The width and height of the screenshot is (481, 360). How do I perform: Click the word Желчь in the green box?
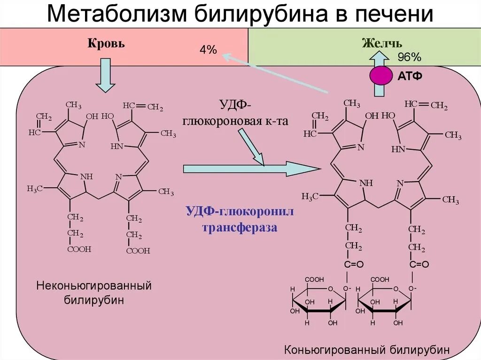[x=381, y=43]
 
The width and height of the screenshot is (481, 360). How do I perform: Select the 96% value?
[x=409, y=57]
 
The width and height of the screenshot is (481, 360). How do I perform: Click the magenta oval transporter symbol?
[x=381, y=76]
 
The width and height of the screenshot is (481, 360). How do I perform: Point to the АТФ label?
[x=410, y=76]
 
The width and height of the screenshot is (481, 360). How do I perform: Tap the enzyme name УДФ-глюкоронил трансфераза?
[x=240, y=219]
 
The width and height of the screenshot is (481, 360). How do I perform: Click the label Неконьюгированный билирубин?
[x=94, y=292]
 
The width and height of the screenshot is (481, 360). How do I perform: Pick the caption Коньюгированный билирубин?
[x=367, y=350]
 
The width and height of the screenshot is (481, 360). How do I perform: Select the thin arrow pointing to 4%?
[x=277, y=74]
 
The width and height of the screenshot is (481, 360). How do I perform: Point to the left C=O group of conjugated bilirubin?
[x=354, y=265]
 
